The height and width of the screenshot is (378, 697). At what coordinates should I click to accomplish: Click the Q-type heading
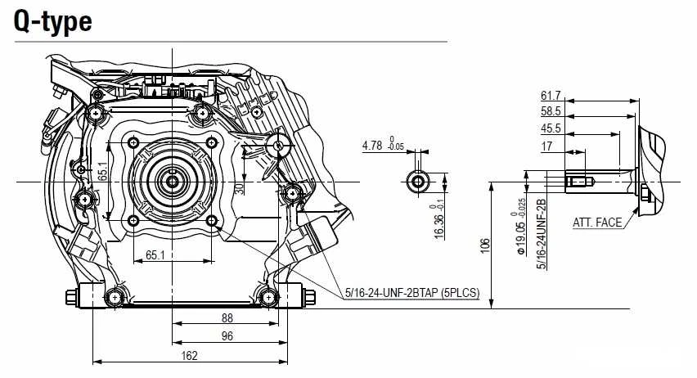53,21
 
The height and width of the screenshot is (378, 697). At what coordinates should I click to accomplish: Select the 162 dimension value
189,356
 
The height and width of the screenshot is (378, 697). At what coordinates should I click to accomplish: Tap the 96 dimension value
227,335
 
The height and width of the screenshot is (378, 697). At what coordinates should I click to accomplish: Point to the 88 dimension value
227,318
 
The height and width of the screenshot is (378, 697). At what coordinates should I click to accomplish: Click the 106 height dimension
485,245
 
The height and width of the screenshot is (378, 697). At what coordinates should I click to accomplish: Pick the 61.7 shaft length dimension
551,96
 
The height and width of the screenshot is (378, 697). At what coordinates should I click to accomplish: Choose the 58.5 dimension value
551,111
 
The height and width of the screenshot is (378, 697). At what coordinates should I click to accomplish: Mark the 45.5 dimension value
551,128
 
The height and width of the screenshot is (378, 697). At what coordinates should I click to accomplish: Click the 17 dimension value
546,146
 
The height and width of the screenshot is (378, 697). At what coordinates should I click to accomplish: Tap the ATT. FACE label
597,223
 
